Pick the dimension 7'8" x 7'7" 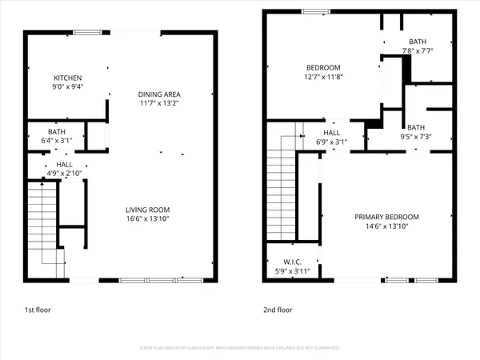point(418,52)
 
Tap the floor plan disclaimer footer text point(240,349)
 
